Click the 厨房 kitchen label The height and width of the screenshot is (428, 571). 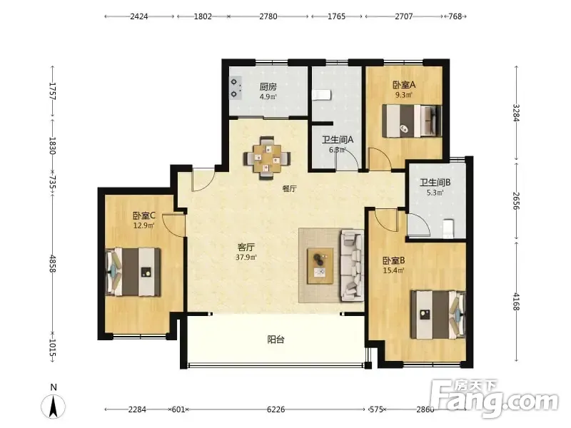[268, 86]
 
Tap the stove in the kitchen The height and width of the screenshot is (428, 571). [236, 88]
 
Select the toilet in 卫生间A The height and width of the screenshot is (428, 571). [322, 95]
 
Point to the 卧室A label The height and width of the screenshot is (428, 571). [404, 85]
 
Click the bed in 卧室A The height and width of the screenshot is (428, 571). [412, 121]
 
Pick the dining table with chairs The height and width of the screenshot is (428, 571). [267, 158]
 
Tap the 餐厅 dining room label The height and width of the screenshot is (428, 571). [290, 188]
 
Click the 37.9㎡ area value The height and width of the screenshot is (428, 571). [246, 258]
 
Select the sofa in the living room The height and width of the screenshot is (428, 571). [352, 265]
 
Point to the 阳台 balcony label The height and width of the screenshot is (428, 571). [276, 340]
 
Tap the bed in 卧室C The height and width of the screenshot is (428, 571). [133, 272]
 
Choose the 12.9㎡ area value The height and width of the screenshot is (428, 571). [143, 225]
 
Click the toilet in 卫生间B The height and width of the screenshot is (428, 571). [448, 228]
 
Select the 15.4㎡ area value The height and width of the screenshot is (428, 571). [394, 270]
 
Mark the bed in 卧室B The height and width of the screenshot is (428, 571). [438, 314]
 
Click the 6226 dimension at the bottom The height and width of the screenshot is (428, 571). [276, 409]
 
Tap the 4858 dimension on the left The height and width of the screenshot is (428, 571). [53, 263]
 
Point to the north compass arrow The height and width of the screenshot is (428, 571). [53, 406]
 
